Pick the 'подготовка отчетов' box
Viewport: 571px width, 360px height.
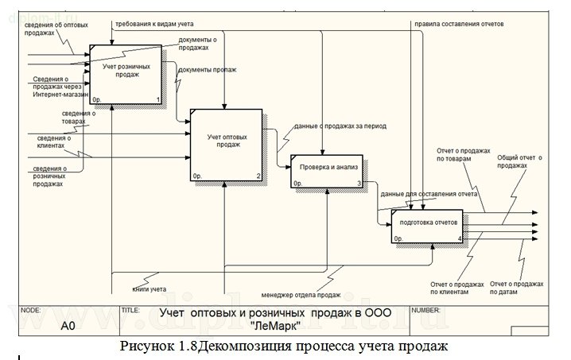click(x=428, y=226)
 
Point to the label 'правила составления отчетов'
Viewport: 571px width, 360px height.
click(x=458, y=24)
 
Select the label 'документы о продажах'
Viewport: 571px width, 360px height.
click(x=198, y=43)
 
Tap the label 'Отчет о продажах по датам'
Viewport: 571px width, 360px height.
click(x=517, y=287)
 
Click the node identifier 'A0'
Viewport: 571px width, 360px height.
click(x=68, y=325)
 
